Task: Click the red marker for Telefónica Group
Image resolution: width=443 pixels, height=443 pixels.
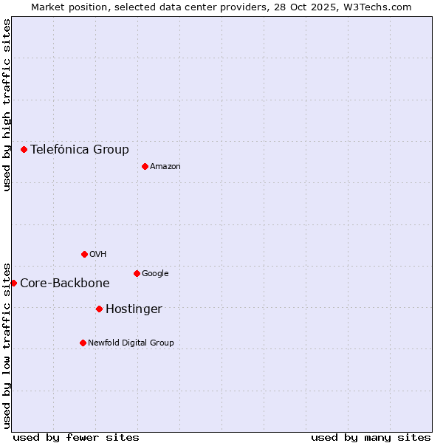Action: [24, 149]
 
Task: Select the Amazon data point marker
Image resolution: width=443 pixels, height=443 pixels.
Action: [145, 166]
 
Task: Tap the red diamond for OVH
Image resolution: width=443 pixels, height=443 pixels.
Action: [84, 254]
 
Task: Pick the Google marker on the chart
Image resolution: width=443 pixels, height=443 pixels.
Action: [137, 273]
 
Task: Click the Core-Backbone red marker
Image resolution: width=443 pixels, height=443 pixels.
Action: [13, 283]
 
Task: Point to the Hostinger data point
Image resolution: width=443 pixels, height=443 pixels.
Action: [99, 309]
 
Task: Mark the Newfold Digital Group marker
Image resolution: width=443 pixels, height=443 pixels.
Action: [83, 343]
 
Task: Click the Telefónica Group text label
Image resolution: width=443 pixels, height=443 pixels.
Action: [80, 149]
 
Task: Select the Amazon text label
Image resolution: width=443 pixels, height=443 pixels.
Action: [165, 167]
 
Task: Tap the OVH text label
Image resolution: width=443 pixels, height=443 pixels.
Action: [98, 255]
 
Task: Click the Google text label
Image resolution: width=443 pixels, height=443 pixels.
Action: [155, 274]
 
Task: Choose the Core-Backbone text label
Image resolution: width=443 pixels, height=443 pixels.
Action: [65, 284]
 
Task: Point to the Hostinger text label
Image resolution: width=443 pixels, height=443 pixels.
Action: [134, 309]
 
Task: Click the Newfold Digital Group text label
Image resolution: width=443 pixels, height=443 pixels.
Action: [131, 343]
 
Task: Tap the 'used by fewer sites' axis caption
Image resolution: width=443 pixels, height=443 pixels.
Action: [76, 437]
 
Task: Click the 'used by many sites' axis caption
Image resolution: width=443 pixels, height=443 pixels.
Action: [371, 437]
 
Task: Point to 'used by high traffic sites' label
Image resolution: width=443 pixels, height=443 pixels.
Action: [7, 105]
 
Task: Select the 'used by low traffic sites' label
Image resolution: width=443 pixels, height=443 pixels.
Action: [7, 345]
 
